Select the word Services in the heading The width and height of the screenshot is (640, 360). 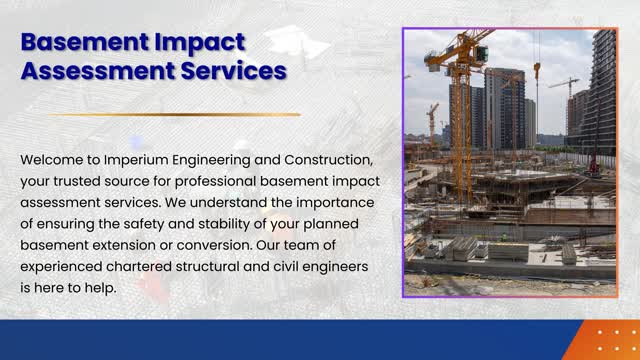[x=230, y=71]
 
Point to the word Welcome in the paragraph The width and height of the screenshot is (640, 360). [x=53, y=160]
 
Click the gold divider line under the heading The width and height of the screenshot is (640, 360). [x=172, y=115]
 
